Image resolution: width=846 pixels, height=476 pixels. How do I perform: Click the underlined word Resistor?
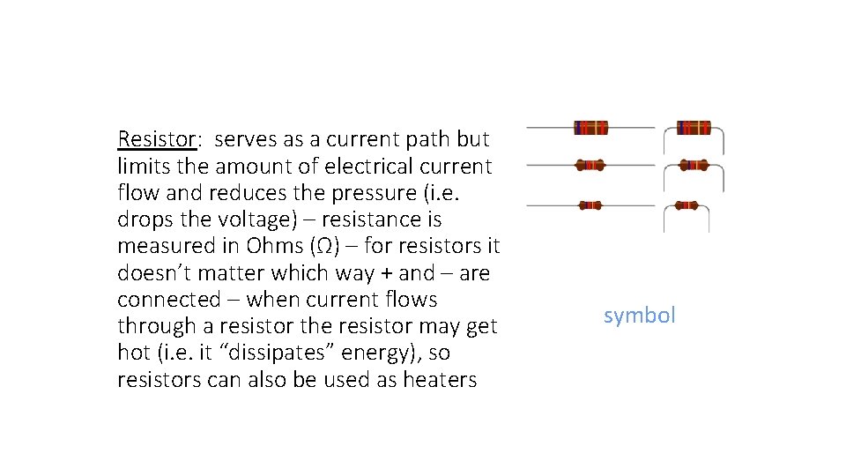coord(156,139)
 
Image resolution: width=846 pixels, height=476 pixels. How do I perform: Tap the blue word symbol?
coord(639,316)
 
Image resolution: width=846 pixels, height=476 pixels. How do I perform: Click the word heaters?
coord(439,380)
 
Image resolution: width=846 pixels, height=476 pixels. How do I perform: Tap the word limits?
coord(141,166)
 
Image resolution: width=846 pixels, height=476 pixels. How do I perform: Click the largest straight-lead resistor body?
coord(590,128)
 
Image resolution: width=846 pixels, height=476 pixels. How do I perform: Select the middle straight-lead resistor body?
coord(590,165)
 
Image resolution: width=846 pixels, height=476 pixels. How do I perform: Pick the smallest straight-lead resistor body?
coord(590,205)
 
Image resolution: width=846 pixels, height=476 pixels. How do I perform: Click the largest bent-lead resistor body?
coord(694,128)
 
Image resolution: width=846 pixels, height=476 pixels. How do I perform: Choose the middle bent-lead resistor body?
coord(694,165)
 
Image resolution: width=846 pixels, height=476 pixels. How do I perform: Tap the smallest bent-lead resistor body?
coord(687,205)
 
